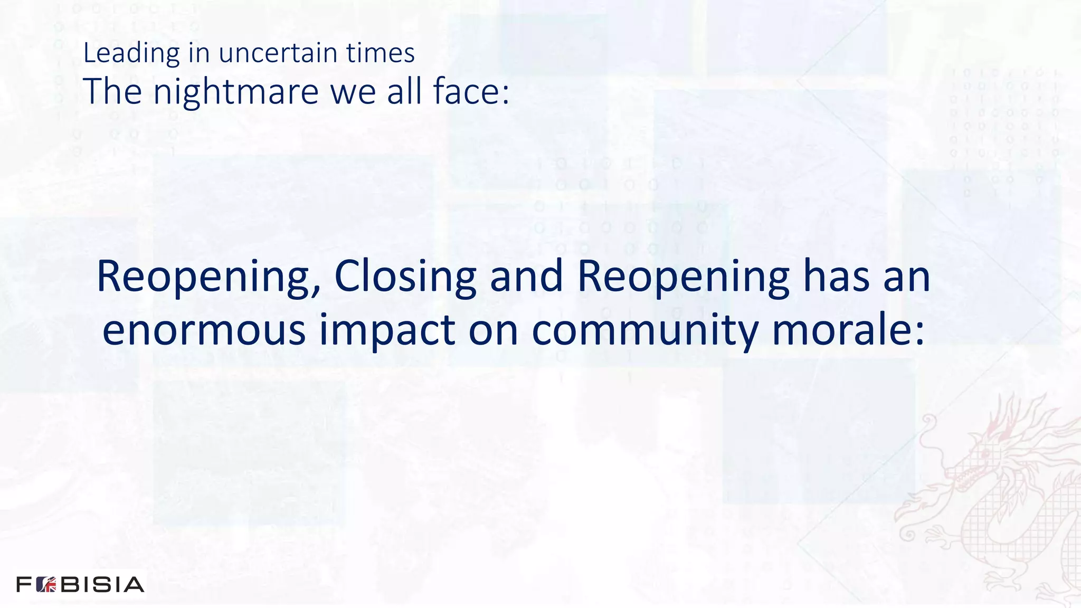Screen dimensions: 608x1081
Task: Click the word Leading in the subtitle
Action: [131, 54]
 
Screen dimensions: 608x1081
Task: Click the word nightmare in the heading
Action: [236, 92]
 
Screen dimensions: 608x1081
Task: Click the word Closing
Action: [405, 277]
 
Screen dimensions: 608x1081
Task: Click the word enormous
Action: [204, 330]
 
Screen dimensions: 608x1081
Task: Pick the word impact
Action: [387, 330]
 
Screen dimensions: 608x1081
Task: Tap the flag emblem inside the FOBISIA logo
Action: [46, 585]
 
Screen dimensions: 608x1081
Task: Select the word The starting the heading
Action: [112, 91]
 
